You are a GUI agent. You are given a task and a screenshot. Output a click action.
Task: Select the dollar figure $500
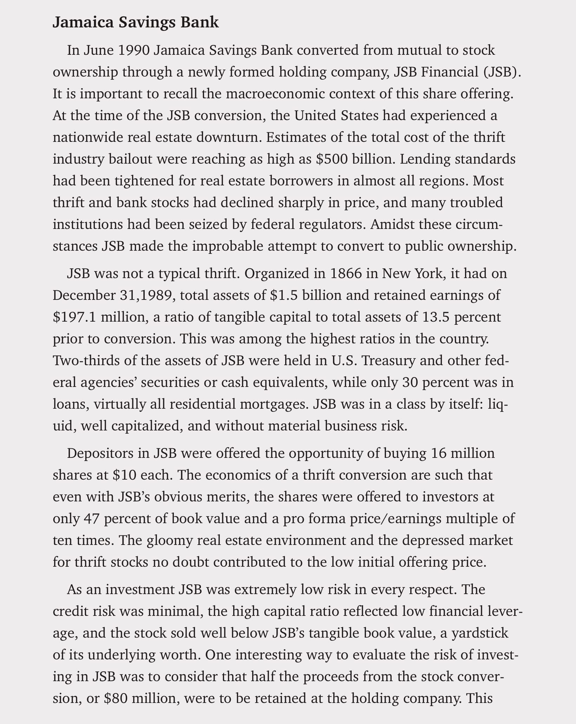(x=332, y=159)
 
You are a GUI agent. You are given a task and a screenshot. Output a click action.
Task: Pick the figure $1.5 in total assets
(x=283, y=295)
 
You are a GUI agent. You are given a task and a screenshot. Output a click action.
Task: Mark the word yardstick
(x=479, y=633)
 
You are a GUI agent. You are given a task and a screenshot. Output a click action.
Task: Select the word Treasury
(x=388, y=361)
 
